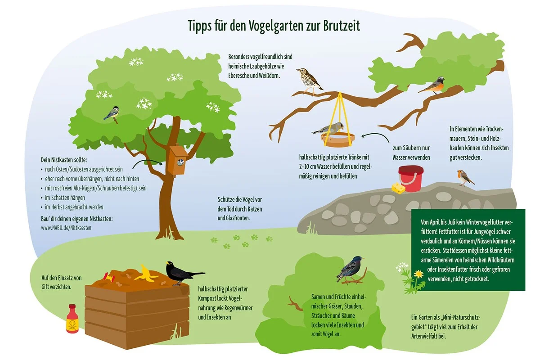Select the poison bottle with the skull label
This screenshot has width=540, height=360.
pyautogui.click(x=72, y=319)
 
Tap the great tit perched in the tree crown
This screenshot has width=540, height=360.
pyautogui.click(x=112, y=114)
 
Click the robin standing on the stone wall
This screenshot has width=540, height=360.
pyautogui.click(x=464, y=177)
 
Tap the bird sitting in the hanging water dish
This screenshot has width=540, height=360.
pyautogui.click(x=329, y=129)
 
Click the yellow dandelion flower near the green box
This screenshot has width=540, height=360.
pyautogui.click(x=418, y=274)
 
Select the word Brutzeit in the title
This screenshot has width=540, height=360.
pyautogui.click(x=341, y=26)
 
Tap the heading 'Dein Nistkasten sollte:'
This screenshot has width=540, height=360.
pyautogui.click(x=64, y=160)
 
